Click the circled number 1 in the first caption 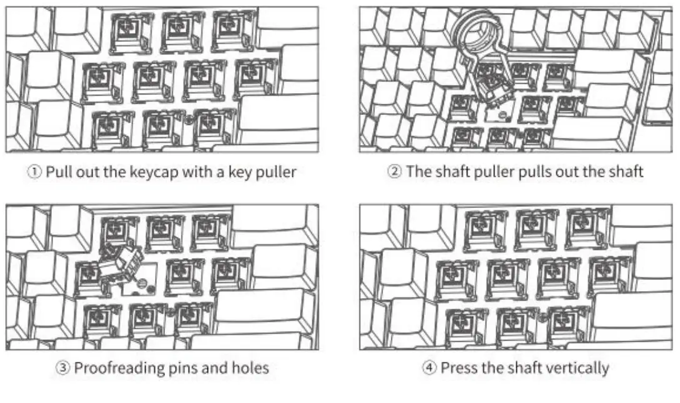coord(34,172)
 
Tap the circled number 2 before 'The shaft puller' coord(394,172)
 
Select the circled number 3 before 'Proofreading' coord(63,368)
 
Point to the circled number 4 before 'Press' coord(429,368)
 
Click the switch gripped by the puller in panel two coord(492,84)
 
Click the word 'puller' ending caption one coord(276,172)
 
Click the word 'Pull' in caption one coord(59,172)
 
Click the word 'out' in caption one coord(88,172)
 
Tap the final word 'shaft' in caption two coord(626,172)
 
